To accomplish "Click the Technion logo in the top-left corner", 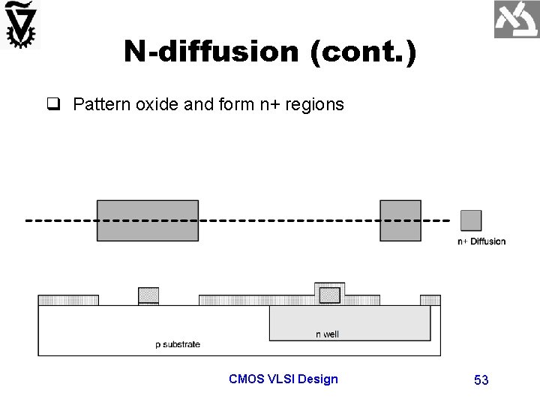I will [x=22, y=24].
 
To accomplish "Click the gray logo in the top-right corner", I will [x=516, y=19].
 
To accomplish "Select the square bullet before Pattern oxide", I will [x=60, y=104].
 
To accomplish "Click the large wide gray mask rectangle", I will [x=148, y=220].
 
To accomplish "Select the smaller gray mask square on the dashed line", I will [x=400, y=220].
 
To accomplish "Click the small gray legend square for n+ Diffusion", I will [x=470, y=220].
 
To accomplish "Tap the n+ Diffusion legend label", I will [x=481, y=241].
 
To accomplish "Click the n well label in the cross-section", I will [x=327, y=334].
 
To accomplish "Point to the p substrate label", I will [x=178, y=345].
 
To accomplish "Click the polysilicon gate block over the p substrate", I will [x=148, y=294].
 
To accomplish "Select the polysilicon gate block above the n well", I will [x=329, y=295].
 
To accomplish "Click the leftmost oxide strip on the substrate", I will [x=68, y=300].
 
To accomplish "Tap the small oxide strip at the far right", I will [x=430, y=300].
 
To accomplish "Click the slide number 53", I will [x=481, y=380].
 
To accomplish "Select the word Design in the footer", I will [x=318, y=379].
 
